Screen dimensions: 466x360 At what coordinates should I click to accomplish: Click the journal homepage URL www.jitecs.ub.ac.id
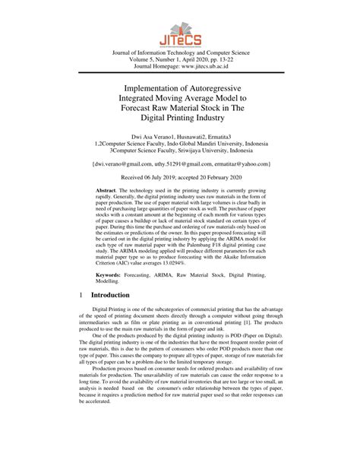pyautogui.click(x=210, y=66)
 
